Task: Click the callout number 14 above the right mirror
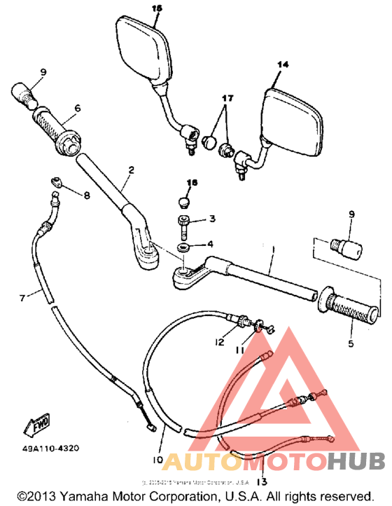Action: (x=283, y=64)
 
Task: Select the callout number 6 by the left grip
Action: (x=77, y=108)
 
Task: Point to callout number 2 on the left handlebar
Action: (x=129, y=170)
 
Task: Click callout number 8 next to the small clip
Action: (x=87, y=196)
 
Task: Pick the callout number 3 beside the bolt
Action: (x=213, y=219)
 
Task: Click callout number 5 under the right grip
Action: (x=350, y=344)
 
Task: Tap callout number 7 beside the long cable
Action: (x=22, y=298)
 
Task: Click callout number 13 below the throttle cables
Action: (x=262, y=481)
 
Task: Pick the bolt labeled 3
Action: (x=182, y=226)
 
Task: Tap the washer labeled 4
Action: (x=183, y=249)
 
